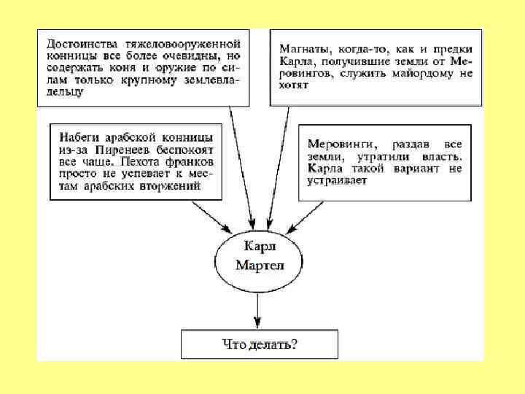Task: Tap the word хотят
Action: tap(294, 85)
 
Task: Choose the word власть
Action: tap(444, 155)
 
